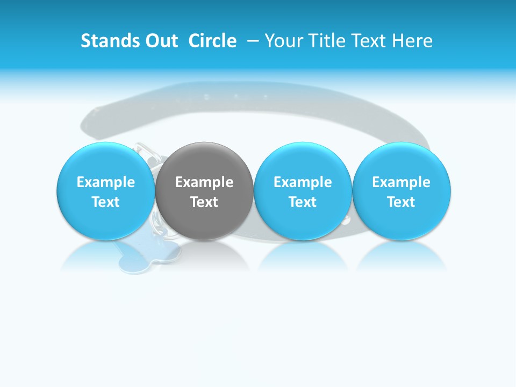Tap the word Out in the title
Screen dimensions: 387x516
pos(160,41)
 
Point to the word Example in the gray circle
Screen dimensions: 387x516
pos(204,182)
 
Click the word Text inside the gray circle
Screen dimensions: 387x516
pos(204,202)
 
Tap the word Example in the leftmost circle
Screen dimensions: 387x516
pos(106,182)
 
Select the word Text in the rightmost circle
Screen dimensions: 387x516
pos(402,202)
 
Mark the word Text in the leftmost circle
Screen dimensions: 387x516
pos(106,202)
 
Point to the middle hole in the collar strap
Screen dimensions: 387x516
pos(235,96)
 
